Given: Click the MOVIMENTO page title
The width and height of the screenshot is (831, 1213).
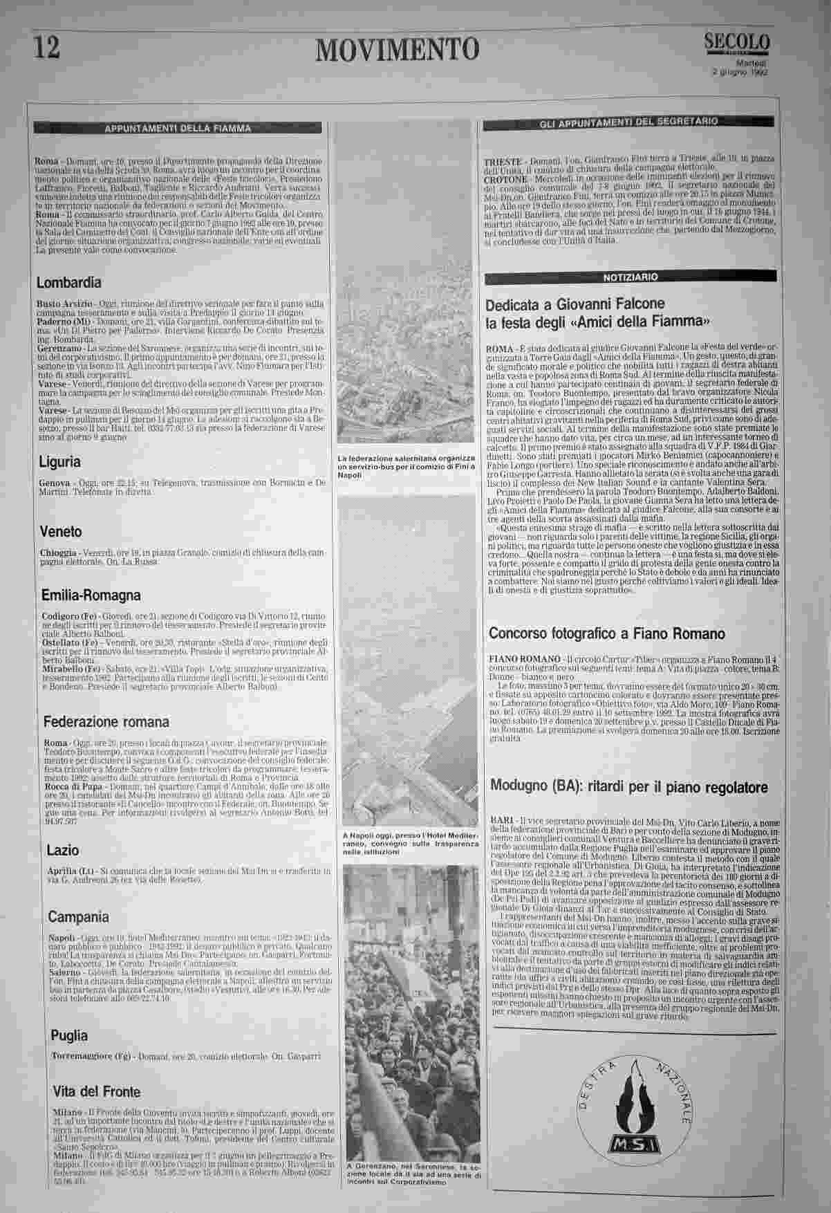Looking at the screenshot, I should point(396,49).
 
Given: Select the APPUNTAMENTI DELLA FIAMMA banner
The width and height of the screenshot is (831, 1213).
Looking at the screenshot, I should point(178,128).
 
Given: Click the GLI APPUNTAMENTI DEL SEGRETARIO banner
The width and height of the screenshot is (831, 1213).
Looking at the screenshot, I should point(628,122).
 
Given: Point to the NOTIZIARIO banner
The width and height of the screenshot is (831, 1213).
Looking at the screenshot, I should point(630,277).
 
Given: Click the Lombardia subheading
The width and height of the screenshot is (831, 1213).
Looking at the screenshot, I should point(68,283).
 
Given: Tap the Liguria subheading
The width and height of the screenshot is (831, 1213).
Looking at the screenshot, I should point(59,462).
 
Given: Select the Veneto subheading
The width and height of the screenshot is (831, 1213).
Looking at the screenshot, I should point(61,532).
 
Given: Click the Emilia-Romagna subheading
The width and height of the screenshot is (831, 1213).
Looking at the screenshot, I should point(91,595).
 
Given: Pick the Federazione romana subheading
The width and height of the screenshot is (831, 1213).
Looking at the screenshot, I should point(106,722).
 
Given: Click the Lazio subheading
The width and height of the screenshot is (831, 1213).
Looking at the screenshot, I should point(63,851).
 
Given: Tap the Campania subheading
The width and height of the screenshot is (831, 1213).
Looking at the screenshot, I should point(78,917).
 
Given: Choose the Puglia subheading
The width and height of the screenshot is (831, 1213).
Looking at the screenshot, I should point(69,1035).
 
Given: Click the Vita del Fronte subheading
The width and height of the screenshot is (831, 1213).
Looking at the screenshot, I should point(96,1092).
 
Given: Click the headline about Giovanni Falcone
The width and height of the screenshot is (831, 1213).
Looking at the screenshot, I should point(599,313).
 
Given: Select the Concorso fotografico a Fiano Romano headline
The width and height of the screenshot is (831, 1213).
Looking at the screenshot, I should point(607,633).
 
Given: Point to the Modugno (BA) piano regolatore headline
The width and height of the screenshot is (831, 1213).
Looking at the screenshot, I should point(628,787).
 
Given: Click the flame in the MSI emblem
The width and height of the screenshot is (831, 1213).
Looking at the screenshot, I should point(631,1101).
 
